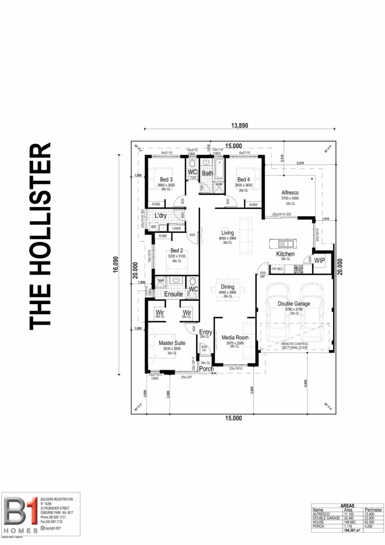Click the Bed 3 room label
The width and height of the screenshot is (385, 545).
point(166,180)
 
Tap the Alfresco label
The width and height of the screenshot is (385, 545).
point(290,193)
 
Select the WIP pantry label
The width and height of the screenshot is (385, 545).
point(319,261)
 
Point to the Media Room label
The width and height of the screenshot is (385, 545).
point(235,337)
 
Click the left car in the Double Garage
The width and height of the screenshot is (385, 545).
point(277,312)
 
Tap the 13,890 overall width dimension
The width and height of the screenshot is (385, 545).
point(239,125)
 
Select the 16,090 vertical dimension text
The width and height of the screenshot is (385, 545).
point(115,265)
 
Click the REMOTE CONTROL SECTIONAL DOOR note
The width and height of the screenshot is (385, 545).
point(295,346)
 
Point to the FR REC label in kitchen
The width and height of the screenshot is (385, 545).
point(277,269)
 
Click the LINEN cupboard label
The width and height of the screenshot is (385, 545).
point(176,229)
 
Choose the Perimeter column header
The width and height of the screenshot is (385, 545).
point(373,510)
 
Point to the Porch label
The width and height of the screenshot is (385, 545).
point(206,369)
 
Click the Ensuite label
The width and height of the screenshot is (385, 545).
point(173,294)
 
